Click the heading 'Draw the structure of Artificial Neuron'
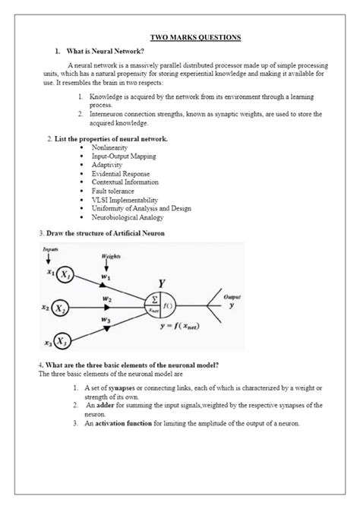pos(106,231)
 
